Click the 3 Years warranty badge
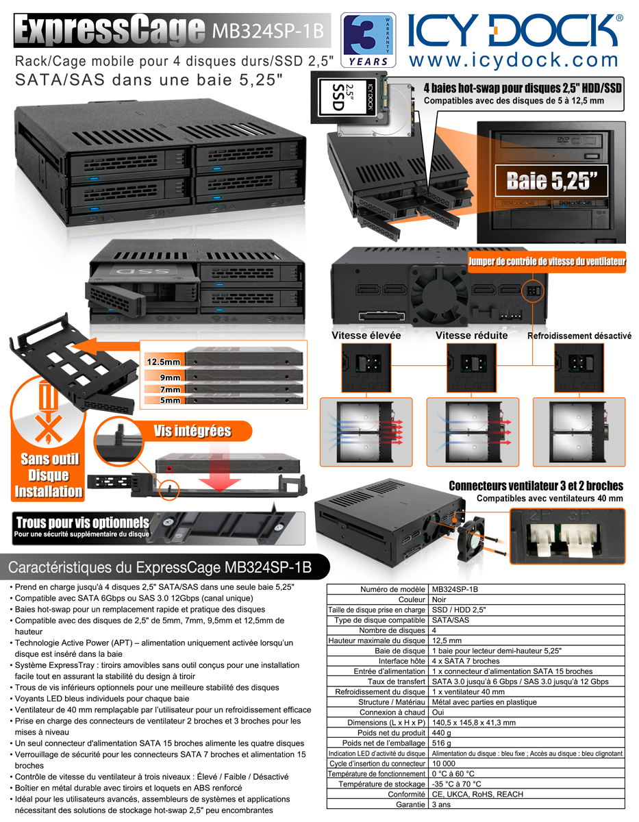[368, 40]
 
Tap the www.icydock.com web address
[514, 60]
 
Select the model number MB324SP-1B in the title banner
[268, 31]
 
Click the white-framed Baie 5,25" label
[551, 180]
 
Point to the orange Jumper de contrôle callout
[547, 262]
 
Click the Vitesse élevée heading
[366, 336]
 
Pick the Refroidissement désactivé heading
[579, 336]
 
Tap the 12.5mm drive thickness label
[163, 362]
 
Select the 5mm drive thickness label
[170, 400]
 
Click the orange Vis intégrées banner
[192, 431]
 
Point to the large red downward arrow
[220, 467]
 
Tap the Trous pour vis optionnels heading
[82, 523]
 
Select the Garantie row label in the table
[410, 804]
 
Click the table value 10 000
[444, 763]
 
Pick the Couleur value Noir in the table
[438, 599]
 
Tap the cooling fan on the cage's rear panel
[439, 296]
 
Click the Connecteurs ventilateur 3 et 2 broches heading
[536, 486]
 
